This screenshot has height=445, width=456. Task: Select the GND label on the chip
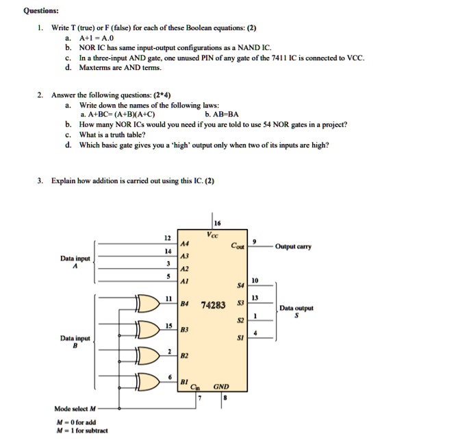tap(221, 387)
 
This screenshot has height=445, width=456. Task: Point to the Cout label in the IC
tap(238, 245)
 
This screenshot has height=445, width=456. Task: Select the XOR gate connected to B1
tap(149, 381)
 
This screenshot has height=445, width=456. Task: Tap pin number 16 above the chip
tap(218, 223)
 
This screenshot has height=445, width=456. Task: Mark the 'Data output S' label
tap(296, 312)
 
